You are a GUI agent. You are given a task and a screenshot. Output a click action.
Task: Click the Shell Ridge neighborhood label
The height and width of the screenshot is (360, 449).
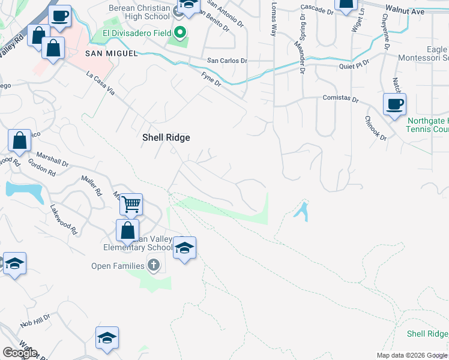click(x=166, y=137)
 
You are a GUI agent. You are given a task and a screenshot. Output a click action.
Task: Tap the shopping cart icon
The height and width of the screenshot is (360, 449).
click(x=131, y=204)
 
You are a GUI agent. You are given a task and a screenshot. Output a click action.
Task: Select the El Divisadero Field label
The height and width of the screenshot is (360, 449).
click(x=141, y=32)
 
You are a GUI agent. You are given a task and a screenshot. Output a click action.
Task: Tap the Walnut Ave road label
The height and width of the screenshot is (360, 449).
click(x=405, y=11)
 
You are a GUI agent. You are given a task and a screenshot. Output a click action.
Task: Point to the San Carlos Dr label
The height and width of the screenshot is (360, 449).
click(x=227, y=61)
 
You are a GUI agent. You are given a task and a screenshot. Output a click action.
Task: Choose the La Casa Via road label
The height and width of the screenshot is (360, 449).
click(x=100, y=83)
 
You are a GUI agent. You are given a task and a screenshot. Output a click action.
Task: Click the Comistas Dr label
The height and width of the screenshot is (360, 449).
click(x=340, y=98)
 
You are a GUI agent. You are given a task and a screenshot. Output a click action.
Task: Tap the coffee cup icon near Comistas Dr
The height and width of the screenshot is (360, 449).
click(x=394, y=104)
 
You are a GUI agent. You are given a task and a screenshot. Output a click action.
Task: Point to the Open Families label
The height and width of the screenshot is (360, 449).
click(x=118, y=266)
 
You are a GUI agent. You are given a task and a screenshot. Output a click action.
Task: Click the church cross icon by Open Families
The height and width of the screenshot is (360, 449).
click(x=154, y=265)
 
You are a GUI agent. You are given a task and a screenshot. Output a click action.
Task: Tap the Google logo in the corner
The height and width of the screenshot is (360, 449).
click(x=20, y=353)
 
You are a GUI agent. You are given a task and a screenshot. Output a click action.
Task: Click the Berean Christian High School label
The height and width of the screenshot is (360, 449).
click(x=140, y=13)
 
